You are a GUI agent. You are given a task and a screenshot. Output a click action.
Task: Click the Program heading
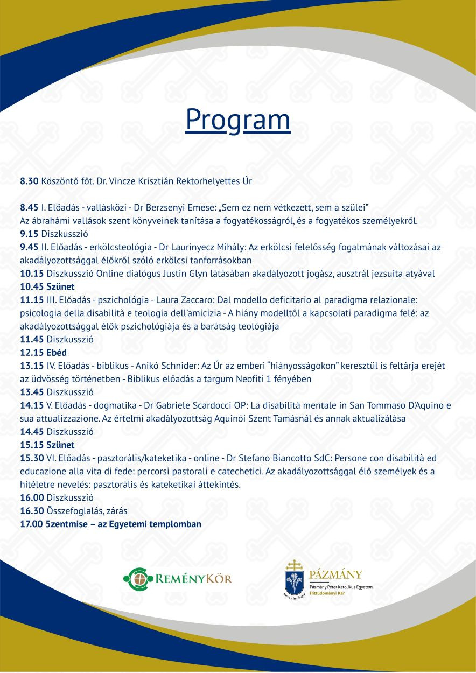pos(238,120)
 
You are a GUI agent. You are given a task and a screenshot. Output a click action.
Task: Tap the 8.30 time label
pos(29,181)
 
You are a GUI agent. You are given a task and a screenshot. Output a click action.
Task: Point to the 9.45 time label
pos(29,247)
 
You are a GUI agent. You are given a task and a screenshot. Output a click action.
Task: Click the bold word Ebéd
pos(57,353)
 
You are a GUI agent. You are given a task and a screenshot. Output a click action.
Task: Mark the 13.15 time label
pos(32,366)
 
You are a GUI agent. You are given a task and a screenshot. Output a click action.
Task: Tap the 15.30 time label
pos(32,458)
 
